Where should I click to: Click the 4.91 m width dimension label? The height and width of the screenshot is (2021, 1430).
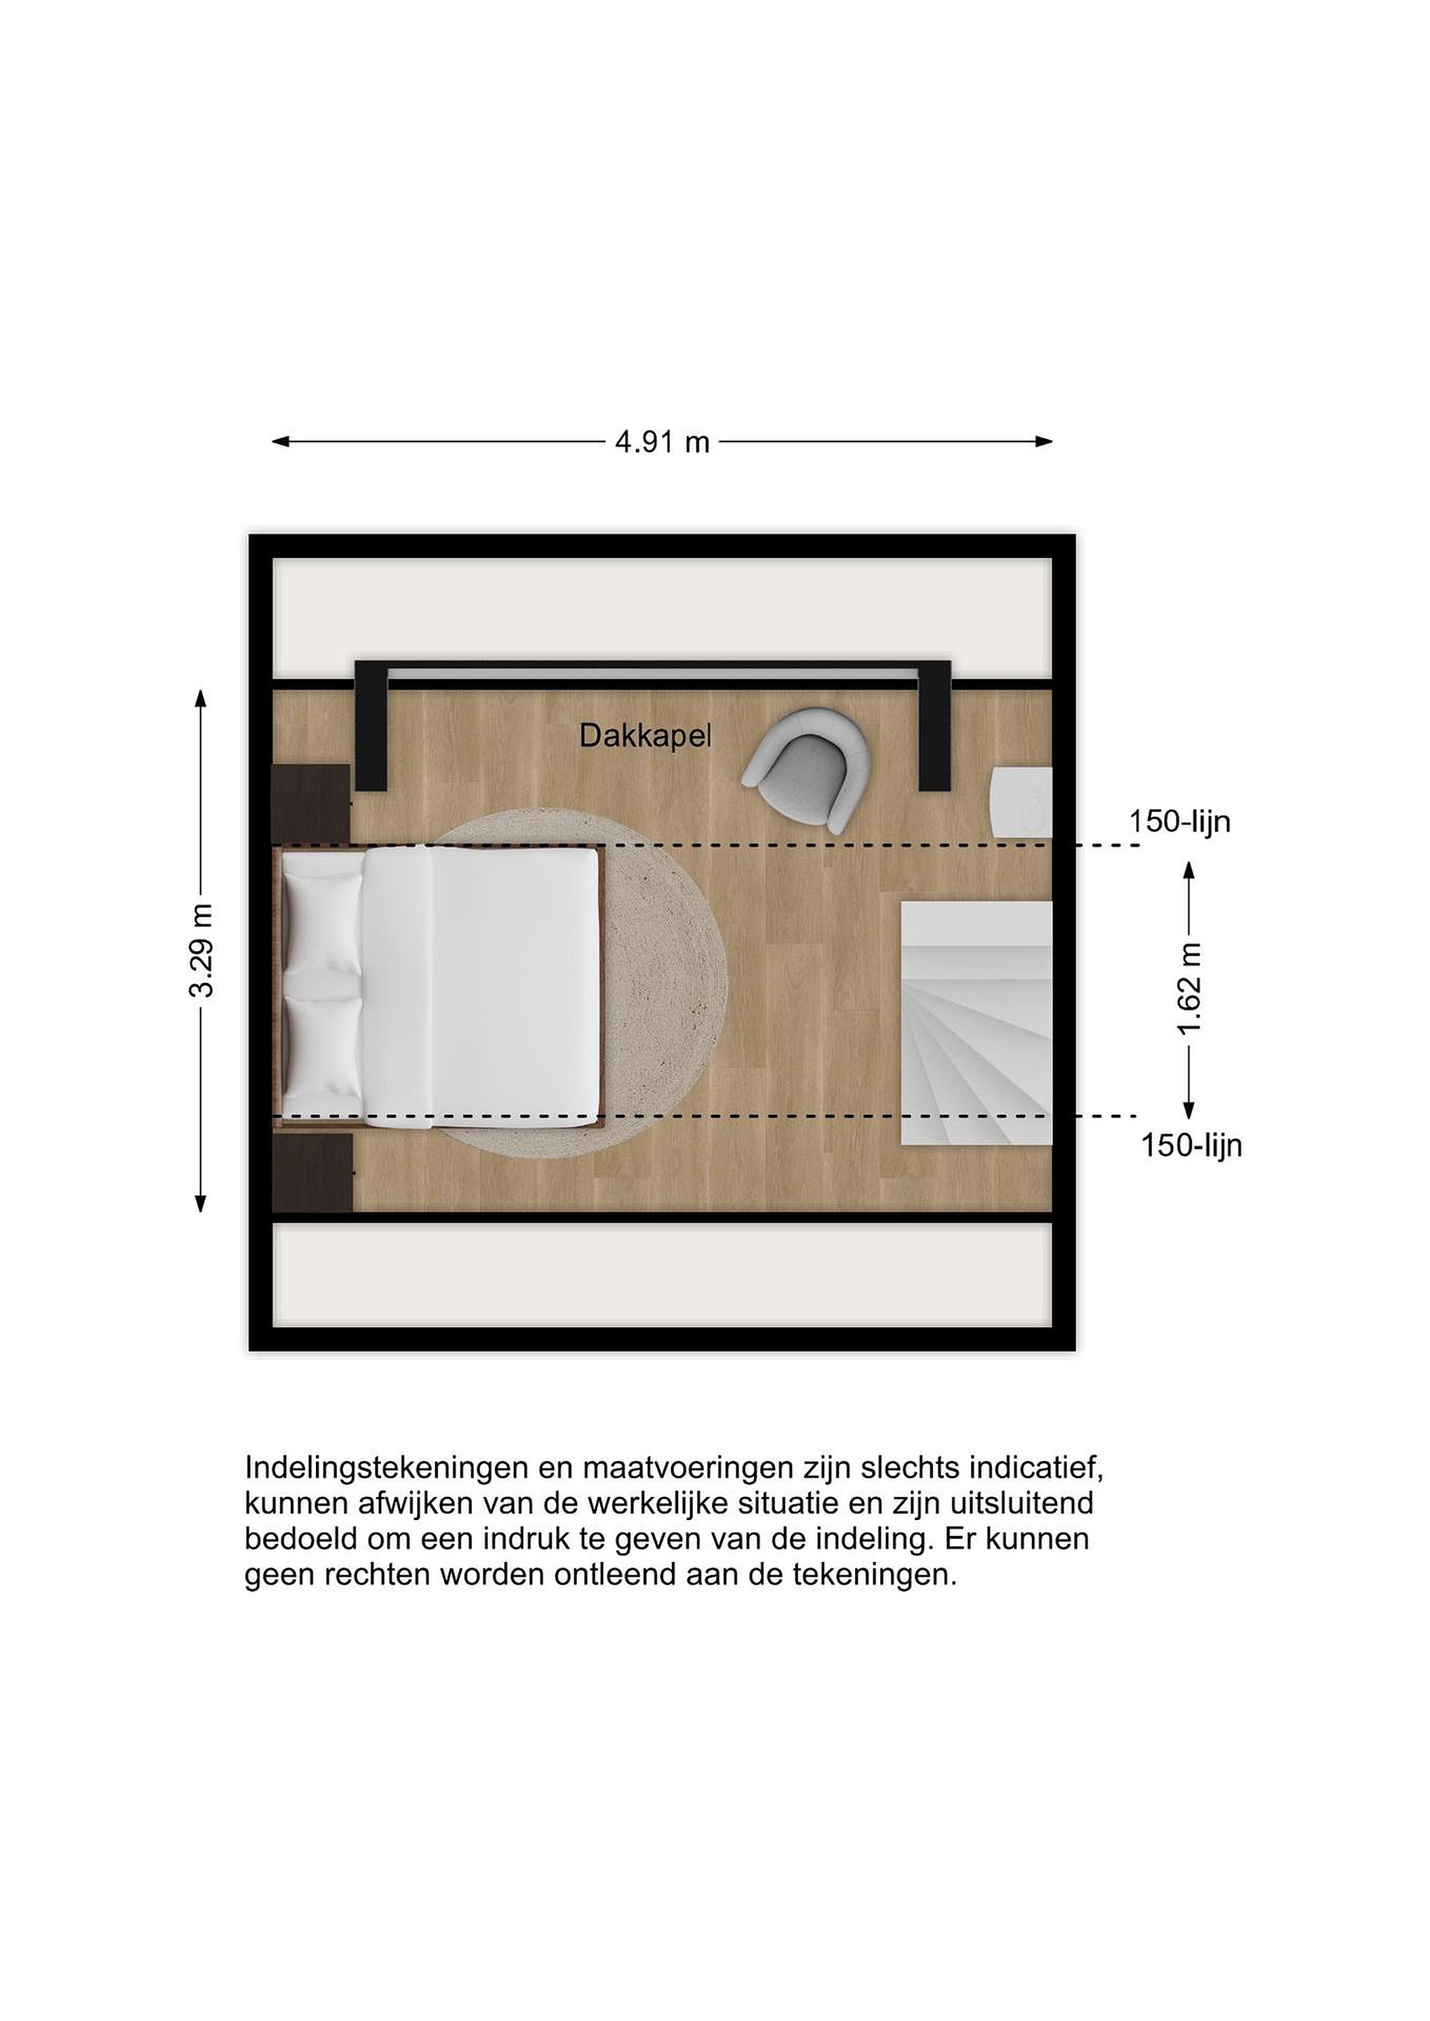point(662,442)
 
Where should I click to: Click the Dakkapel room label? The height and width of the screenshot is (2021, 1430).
point(645,736)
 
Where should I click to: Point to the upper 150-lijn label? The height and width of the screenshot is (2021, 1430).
point(1180,822)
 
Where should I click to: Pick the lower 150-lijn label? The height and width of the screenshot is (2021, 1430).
point(1191,1145)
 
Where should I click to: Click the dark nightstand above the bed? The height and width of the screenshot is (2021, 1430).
point(312,804)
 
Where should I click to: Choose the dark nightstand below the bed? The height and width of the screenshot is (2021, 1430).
point(312,1173)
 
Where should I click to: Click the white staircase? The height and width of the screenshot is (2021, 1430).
point(976,1023)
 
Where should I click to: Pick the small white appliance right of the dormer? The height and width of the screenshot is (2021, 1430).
point(1022,802)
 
